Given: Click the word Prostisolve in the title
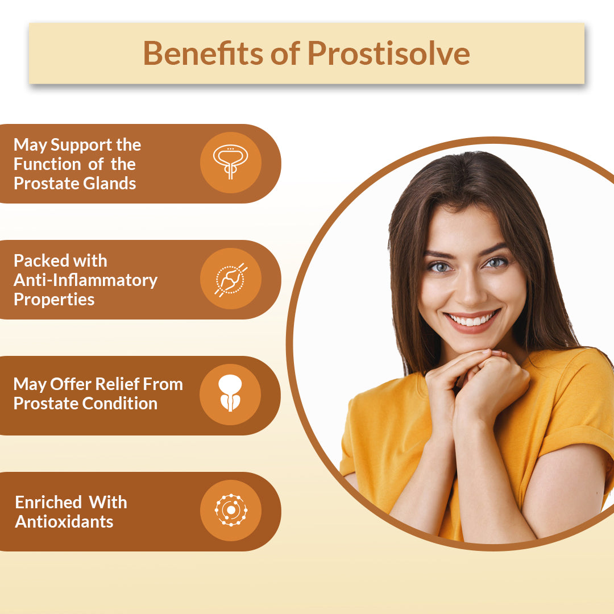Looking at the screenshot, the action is click(388, 53).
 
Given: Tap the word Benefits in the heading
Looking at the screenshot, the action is click(202, 53).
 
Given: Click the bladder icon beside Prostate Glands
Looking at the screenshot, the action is click(231, 162).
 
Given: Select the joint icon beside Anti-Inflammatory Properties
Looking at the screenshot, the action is click(231, 279).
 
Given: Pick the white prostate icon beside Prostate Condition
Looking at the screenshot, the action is click(230, 393).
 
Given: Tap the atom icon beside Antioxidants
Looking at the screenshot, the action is click(231, 510).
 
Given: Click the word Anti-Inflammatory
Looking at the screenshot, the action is click(85, 280).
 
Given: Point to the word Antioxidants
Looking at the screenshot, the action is click(64, 521).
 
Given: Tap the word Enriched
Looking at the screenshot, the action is click(48, 502).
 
